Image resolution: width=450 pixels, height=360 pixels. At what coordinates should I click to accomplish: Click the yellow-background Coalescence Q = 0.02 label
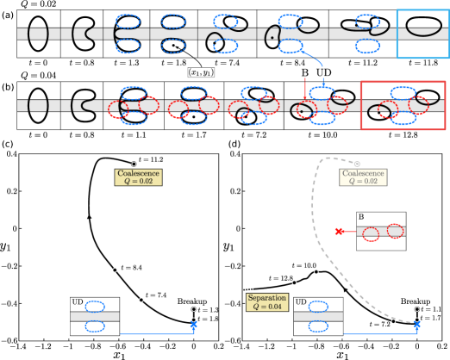pyautogui.click(x=138, y=177)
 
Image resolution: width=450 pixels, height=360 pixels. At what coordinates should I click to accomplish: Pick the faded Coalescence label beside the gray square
pyautogui.click(x=363, y=177)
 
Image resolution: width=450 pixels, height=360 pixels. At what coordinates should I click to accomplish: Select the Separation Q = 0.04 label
pyautogui.click(x=266, y=301)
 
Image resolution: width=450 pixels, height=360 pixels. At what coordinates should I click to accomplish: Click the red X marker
pyautogui.click(x=339, y=231)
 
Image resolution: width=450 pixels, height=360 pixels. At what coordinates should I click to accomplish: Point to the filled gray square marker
pyautogui.click(x=357, y=164)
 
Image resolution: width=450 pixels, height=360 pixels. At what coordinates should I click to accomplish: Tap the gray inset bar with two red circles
pyautogui.click(x=381, y=231)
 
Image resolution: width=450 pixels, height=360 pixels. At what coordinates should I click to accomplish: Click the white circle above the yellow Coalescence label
pyautogui.click(x=134, y=164)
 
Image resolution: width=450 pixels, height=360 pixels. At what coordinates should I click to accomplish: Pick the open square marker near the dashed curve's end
pyautogui.click(x=393, y=320)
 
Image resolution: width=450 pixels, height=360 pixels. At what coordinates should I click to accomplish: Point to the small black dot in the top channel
pyautogui.click(x=273, y=37)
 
